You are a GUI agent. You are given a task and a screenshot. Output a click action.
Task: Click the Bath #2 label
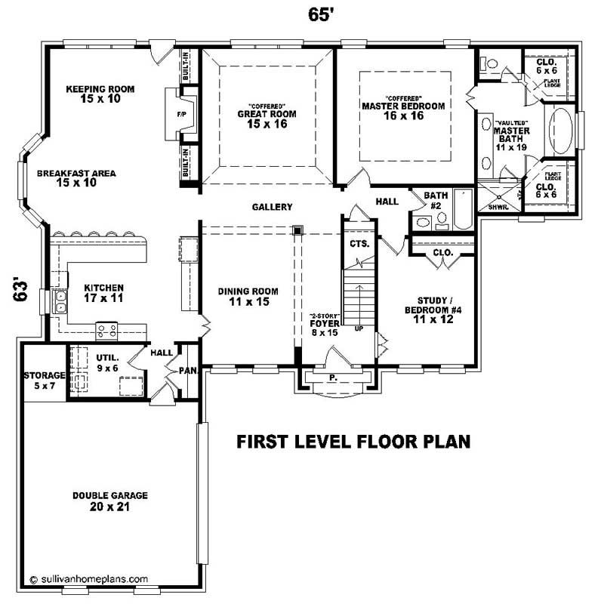436,200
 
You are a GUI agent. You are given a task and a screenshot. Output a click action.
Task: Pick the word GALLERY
272,207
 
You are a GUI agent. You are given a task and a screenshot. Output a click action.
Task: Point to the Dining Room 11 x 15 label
248,296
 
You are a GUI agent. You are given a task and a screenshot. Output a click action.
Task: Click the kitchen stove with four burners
106,330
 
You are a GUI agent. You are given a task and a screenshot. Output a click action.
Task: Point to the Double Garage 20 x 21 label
110,501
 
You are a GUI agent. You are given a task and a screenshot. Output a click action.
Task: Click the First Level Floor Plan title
353,442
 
